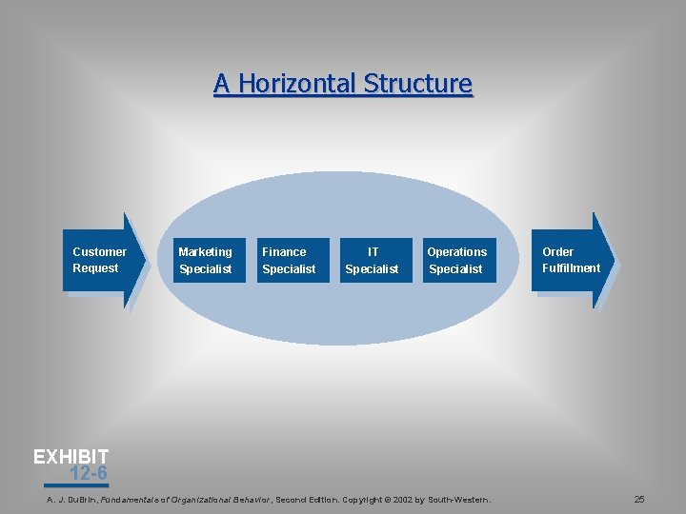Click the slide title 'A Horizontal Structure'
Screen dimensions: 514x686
pyautogui.click(x=343, y=84)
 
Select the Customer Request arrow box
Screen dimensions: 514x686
pyautogui.click(x=103, y=260)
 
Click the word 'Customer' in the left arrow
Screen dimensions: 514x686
pyautogui.click(x=99, y=251)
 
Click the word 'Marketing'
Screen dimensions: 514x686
pyautogui.click(x=205, y=251)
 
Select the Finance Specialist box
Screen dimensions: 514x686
pyautogui.click(x=293, y=260)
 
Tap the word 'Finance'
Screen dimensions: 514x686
pyautogui.click(x=284, y=251)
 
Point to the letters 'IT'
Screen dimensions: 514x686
pyautogui.click(x=373, y=251)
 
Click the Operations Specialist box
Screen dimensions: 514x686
pyautogui.click(x=460, y=260)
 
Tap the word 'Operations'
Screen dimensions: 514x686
pyautogui.click(x=456, y=251)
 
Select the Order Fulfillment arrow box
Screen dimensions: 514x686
pyautogui.click(x=573, y=260)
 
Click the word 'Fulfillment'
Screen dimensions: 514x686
pyautogui.click(x=571, y=268)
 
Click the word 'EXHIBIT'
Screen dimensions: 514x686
pyautogui.click(x=71, y=457)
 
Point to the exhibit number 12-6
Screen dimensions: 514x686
pyautogui.click(x=88, y=473)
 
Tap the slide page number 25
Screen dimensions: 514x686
pyautogui.click(x=639, y=499)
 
